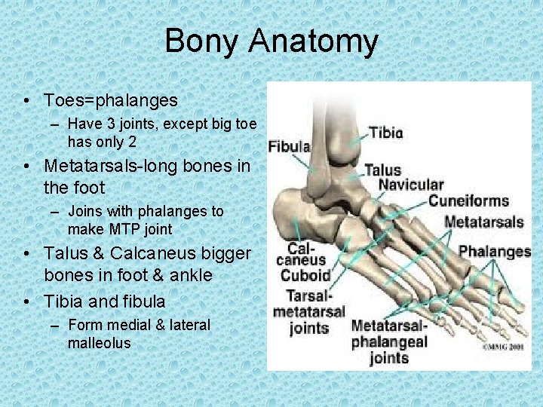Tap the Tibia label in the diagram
386,133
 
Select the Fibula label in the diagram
290,146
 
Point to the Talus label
382,170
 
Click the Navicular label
411,185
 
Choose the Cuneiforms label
468,201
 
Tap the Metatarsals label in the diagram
483,222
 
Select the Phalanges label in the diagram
494,251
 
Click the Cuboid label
305,276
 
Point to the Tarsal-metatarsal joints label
308,311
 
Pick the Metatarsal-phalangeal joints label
388,341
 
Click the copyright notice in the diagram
504,347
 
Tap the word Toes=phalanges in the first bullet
111,100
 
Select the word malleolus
99,343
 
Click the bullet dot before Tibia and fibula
26,302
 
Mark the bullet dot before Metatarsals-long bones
26,165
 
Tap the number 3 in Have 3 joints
104,124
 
